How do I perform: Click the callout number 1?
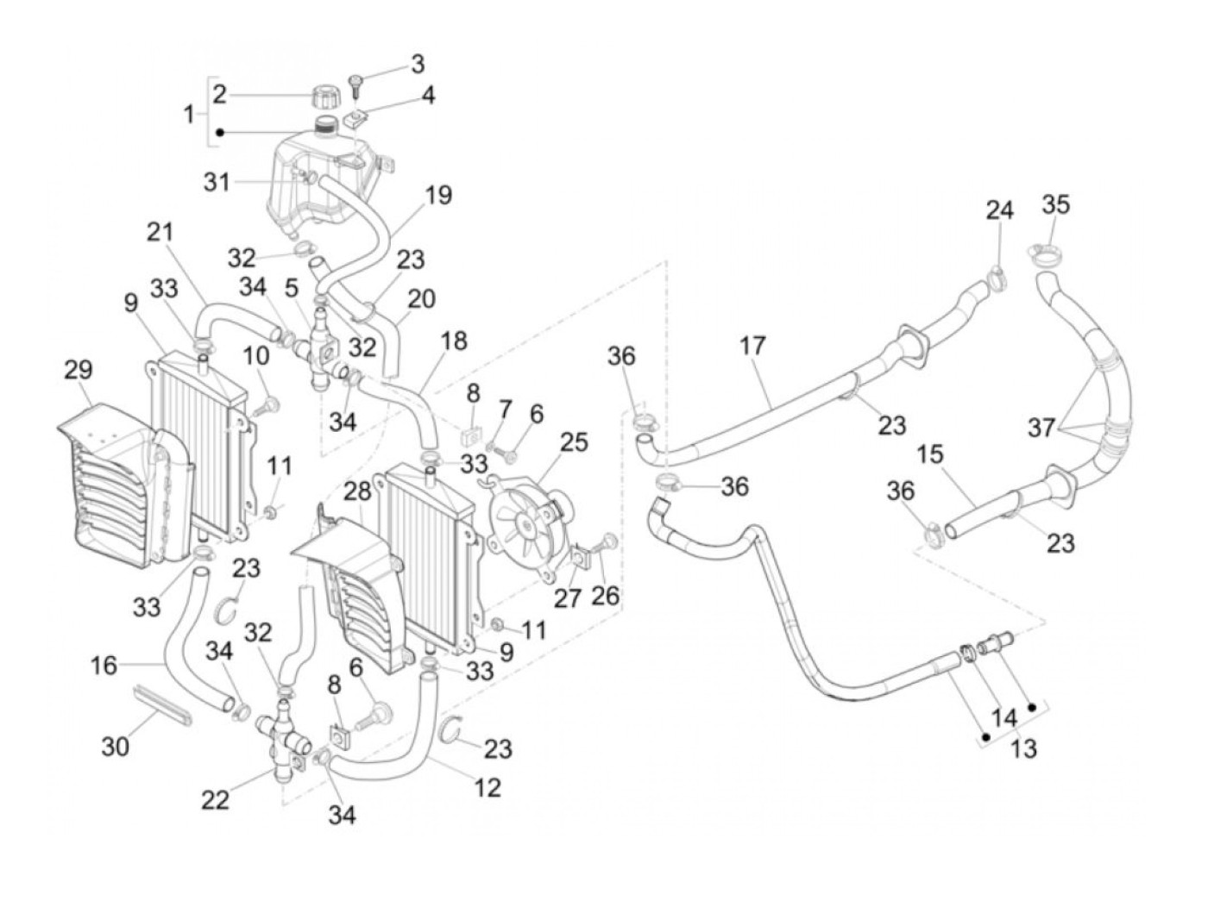point(190,113)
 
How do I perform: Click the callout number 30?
point(115,745)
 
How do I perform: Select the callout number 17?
point(752,346)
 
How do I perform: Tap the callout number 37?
point(1041,426)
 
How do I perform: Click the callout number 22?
point(216,799)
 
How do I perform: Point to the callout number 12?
point(488,787)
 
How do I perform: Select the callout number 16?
point(104,666)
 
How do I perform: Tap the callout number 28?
point(357,491)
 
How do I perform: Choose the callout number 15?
point(930,453)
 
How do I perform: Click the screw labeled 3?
point(358,84)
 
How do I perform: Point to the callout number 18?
point(453,341)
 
